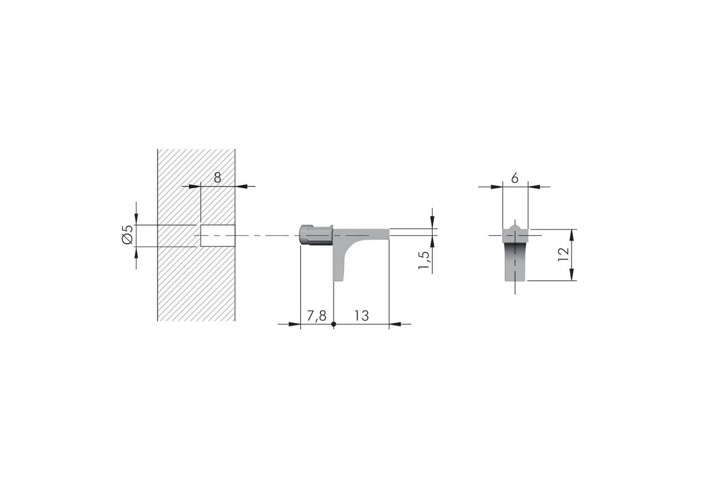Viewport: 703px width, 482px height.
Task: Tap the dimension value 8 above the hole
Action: pos(217,178)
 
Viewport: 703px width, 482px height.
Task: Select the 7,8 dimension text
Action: pos(316,316)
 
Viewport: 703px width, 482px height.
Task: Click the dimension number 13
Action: pos(362,316)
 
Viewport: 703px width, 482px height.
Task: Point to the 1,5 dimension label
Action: pos(424,260)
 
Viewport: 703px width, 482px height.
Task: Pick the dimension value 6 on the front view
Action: pos(515,178)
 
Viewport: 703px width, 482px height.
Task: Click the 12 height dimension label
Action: pos(563,255)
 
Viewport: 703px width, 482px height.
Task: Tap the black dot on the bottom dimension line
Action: pos(333,324)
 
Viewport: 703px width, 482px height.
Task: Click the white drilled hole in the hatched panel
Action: pos(218,235)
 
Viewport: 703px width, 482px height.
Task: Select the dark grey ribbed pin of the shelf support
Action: pos(316,235)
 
